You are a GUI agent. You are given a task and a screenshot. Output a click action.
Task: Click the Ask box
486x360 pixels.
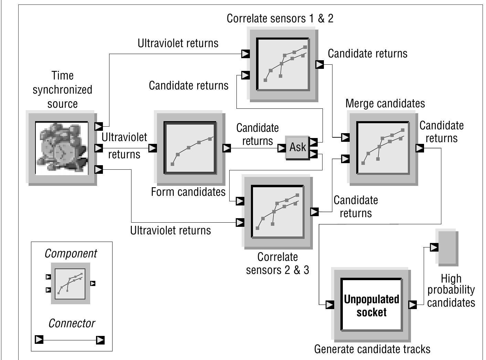click(297, 148)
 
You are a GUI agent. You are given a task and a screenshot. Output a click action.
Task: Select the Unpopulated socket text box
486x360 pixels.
click(371, 305)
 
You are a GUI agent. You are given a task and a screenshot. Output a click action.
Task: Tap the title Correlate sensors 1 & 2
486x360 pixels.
click(280, 19)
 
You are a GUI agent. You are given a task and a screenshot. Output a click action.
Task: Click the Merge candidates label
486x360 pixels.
click(385, 104)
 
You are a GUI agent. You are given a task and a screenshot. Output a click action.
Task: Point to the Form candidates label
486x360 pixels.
click(188, 192)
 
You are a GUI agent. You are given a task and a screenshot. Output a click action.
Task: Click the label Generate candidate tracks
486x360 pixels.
click(372, 349)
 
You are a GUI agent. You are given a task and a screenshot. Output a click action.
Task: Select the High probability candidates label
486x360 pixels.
click(451, 291)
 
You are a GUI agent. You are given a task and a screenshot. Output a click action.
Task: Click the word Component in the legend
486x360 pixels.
click(71, 253)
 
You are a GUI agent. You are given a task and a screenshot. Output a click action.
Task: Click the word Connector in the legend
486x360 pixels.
click(72, 323)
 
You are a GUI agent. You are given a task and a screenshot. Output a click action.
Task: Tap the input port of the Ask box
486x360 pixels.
click(282, 148)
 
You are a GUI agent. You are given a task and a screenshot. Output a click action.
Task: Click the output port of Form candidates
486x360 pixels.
click(226, 148)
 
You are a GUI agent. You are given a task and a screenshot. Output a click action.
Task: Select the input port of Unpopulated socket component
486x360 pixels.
click(329, 305)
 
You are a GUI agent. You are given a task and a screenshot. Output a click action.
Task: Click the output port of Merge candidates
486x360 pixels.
click(420, 148)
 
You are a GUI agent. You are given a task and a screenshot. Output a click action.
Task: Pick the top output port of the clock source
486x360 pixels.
click(98, 126)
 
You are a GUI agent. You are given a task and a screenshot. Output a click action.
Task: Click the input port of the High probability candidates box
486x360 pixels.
click(434, 247)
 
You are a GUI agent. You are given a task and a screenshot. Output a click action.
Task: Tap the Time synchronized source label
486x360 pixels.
click(62, 89)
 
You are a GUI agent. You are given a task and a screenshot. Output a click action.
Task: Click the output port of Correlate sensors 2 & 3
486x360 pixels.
click(314, 212)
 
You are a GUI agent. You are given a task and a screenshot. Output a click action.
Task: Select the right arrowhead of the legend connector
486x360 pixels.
click(100, 340)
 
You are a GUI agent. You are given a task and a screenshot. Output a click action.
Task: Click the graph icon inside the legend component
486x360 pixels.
click(70, 283)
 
